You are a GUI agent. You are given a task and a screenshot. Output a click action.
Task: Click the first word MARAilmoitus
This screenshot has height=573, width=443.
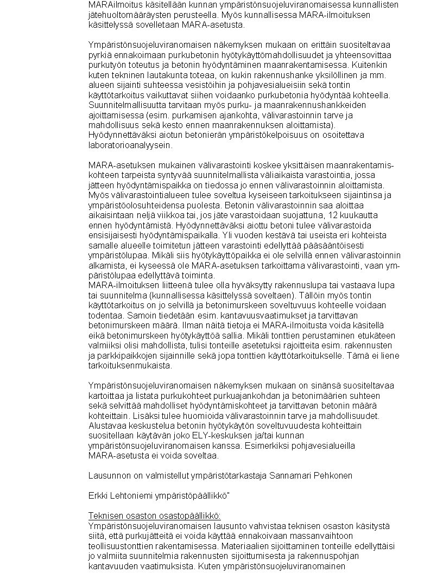tap(111, 5)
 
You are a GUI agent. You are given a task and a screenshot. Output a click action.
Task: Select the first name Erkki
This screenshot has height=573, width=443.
tap(98, 495)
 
